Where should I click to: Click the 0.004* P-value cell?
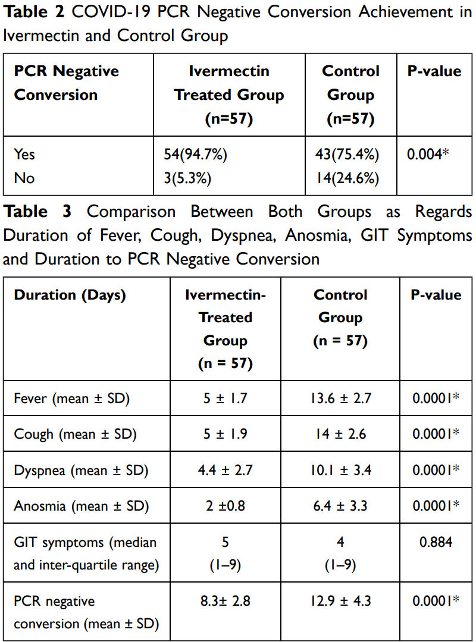click(x=428, y=155)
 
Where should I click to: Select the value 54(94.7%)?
click(x=196, y=155)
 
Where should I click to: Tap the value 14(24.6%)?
click(x=347, y=178)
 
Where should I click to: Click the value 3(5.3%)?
click(x=188, y=178)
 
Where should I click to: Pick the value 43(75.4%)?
click(x=347, y=155)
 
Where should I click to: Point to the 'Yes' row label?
click(x=24, y=155)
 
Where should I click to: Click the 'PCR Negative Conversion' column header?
click(x=67, y=83)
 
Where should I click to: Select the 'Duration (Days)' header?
click(x=70, y=295)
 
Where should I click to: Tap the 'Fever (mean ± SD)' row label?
click(x=72, y=398)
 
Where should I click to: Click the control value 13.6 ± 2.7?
click(x=341, y=398)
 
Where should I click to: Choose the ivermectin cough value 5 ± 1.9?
click(x=226, y=434)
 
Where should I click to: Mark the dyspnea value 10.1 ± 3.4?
click(x=341, y=470)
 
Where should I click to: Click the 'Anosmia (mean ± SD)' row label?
click(x=81, y=506)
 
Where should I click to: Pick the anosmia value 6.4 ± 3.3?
click(x=340, y=506)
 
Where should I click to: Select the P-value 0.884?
click(x=436, y=542)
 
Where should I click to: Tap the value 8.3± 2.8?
click(x=226, y=601)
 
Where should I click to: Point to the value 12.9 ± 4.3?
click(x=341, y=601)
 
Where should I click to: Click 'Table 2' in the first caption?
click(x=34, y=12)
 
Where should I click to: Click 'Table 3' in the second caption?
click(x=37, y=212)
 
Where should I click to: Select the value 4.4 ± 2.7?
click(x=226, y=470)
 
